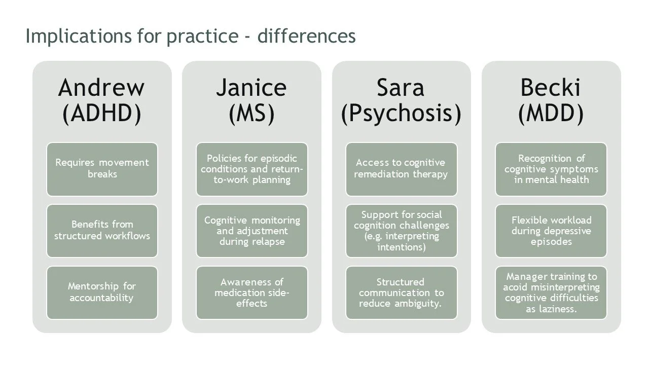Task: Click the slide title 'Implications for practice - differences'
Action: coord(190,36)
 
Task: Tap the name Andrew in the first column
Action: coord(101,88)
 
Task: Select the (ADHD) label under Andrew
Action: coord(101,113)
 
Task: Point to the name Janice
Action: coord(251,88)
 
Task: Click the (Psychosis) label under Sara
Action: coord(401,113)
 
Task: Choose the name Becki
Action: coord(551,88)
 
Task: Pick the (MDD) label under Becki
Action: coord(551,113)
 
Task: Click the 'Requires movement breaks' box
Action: coord(102,169)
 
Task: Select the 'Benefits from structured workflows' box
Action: coord(102,231)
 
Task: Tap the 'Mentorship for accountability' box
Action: coord(102,293)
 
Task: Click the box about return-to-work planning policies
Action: coord(251,169)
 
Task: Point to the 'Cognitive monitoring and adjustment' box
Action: coord(251,231)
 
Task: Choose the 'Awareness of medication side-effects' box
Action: coord(251,293)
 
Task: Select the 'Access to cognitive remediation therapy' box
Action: coord(401,169)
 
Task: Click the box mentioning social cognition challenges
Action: coord(401,231)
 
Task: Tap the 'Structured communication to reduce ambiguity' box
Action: coord(401,293)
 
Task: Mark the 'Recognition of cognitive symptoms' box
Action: coord(551,169)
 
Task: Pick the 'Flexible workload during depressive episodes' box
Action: coord(551,231)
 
